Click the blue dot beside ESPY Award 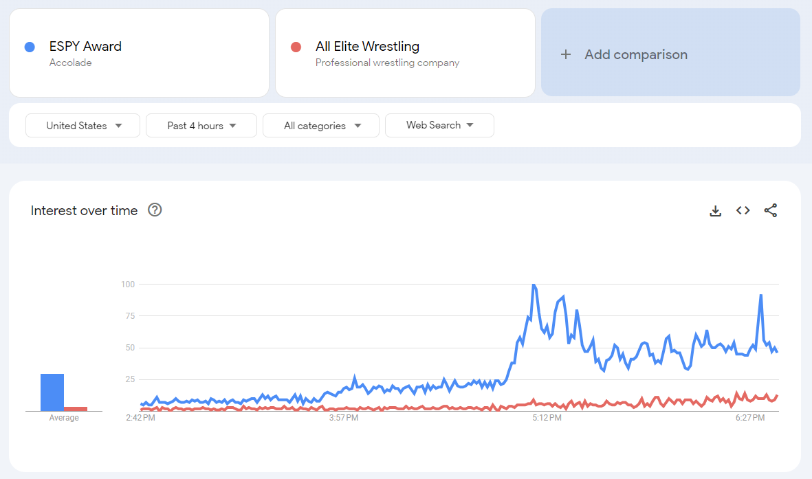click(x=30, y=47)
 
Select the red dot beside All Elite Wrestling click(x=296, y=47)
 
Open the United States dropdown click(x=83, y=126)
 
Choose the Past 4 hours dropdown click(x=201, y=126)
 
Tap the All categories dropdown click(x=321, y=126)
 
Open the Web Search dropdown click(x=439, y=125)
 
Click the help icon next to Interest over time click(x=155, y=210)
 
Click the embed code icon click(x=743, y=210)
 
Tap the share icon click(x=771, y=210)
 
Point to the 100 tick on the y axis click(x=127, y=284)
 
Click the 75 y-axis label click(x=129, y=316)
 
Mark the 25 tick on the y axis click(x=129, y=379)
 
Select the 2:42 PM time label click(x=140, y=418)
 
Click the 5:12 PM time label click(x=547, y=418)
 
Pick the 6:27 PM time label click(x=750, y=418)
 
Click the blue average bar click(x=52, y=392)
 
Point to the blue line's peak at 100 click(x=534, y=285)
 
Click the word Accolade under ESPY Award click(x=70, y=63)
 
